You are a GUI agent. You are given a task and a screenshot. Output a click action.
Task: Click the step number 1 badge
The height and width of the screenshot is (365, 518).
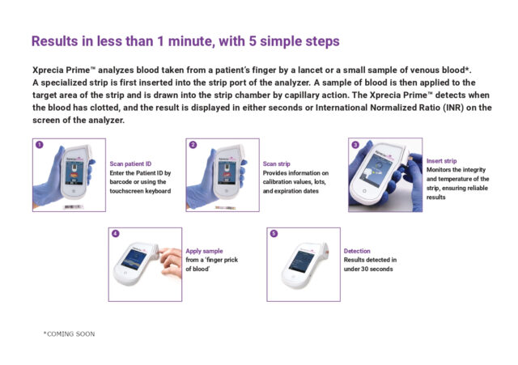tap(39, 146)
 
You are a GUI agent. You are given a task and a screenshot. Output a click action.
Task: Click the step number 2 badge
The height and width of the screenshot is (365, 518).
tap(193, 146)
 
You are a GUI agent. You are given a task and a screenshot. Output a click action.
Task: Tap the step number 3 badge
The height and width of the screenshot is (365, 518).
tap(355, 145)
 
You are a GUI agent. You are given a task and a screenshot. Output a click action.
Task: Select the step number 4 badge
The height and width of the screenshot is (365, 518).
tap(116, 234)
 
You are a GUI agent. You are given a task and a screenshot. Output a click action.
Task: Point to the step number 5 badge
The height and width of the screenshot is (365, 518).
tap(274, 234)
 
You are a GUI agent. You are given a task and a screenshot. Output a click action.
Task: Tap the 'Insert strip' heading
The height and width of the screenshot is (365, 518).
tap(444, 161)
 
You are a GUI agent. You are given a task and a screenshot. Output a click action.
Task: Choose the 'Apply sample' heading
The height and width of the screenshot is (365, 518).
tap(204, 251)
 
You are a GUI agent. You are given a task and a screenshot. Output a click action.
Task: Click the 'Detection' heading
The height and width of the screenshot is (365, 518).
tap(357, 251)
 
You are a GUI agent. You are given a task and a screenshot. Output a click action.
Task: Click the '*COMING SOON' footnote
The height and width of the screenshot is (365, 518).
tap(69, 333)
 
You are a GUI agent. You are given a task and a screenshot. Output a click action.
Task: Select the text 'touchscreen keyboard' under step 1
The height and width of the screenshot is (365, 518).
tap(139, 192)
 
